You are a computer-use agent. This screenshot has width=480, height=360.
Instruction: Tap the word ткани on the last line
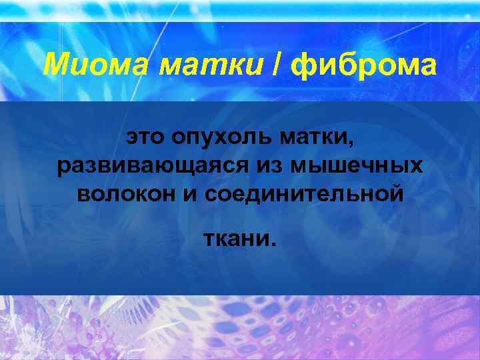[x=235, y=238]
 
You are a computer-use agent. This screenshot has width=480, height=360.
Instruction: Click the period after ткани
[x=271, y=243]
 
